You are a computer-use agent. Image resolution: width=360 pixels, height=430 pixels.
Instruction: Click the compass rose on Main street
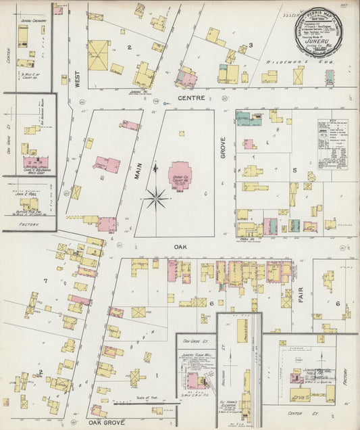point(156,199)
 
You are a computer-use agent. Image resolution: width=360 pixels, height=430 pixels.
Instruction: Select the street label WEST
point(78,80)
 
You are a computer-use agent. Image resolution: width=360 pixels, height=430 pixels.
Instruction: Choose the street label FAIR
point(301,295)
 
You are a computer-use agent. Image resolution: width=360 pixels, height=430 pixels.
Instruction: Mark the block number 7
point(45,280)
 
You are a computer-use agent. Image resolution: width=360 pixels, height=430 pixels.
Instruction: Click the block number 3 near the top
point(251,46)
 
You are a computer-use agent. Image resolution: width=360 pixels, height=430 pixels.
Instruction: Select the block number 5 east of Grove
point(294,170)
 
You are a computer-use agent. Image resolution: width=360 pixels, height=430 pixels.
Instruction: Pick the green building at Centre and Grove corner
point(251,120)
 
